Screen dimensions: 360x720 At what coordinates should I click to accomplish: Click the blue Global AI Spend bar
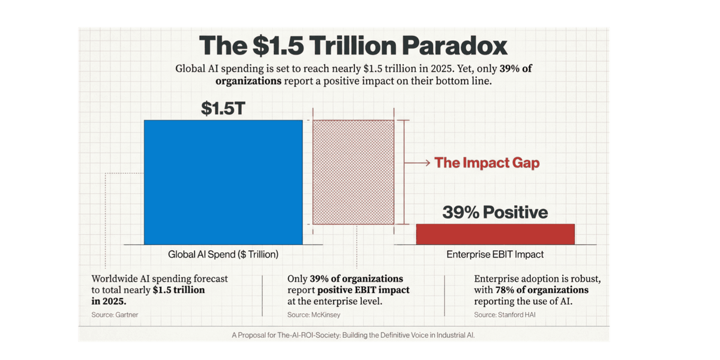pos(223,182)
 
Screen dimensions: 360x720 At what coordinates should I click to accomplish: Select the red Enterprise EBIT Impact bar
pos(495,234)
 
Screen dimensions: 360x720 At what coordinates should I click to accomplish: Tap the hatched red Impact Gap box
pos(353,172)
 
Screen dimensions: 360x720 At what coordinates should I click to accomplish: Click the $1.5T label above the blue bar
pos(223,108)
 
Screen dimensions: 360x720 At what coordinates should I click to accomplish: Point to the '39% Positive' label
pos(495,212)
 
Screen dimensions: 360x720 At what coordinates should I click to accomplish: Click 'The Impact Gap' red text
pos(487,163)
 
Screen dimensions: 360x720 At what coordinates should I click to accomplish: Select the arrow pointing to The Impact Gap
pos(417,163)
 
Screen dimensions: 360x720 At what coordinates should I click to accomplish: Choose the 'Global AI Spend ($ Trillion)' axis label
pos(223,254)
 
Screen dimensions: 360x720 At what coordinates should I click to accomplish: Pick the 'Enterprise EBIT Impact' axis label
pos(495,254)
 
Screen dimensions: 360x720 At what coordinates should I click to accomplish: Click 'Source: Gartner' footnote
pos(110,314)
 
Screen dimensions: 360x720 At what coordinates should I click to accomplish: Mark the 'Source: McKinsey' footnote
pos(306,314)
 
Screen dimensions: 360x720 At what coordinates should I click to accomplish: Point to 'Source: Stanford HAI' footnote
pos(497,314)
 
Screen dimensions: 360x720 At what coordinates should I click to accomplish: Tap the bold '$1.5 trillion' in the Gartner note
pos(179,290)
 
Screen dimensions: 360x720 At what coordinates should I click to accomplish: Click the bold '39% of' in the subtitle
pos(512,68)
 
